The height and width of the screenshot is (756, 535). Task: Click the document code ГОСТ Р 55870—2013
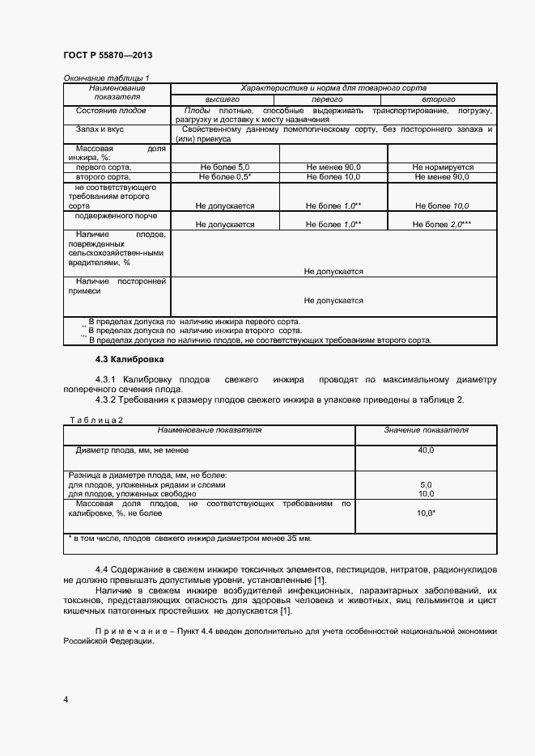pyautogui.click(x=108, y=55)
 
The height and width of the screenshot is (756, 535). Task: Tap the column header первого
pyautogui.click(x=333, y=98)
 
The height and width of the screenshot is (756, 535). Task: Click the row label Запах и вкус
pyautogui.click(x=100, y=129)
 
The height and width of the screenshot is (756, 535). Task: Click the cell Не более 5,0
pyautogui.click(x=225, y=167)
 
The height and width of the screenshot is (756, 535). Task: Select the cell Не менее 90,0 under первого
pyautogui.click(x=333, y=167)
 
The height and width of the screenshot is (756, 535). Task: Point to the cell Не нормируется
pyautogui.click(x=443, y=167)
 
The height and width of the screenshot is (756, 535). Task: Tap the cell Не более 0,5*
pyautogui.click(x=225, y=176)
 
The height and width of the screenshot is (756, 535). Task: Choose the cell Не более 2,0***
pyautogui.click(x=443, y=225)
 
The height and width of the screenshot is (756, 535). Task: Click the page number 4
pyautogui.click(x=66, y=699)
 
